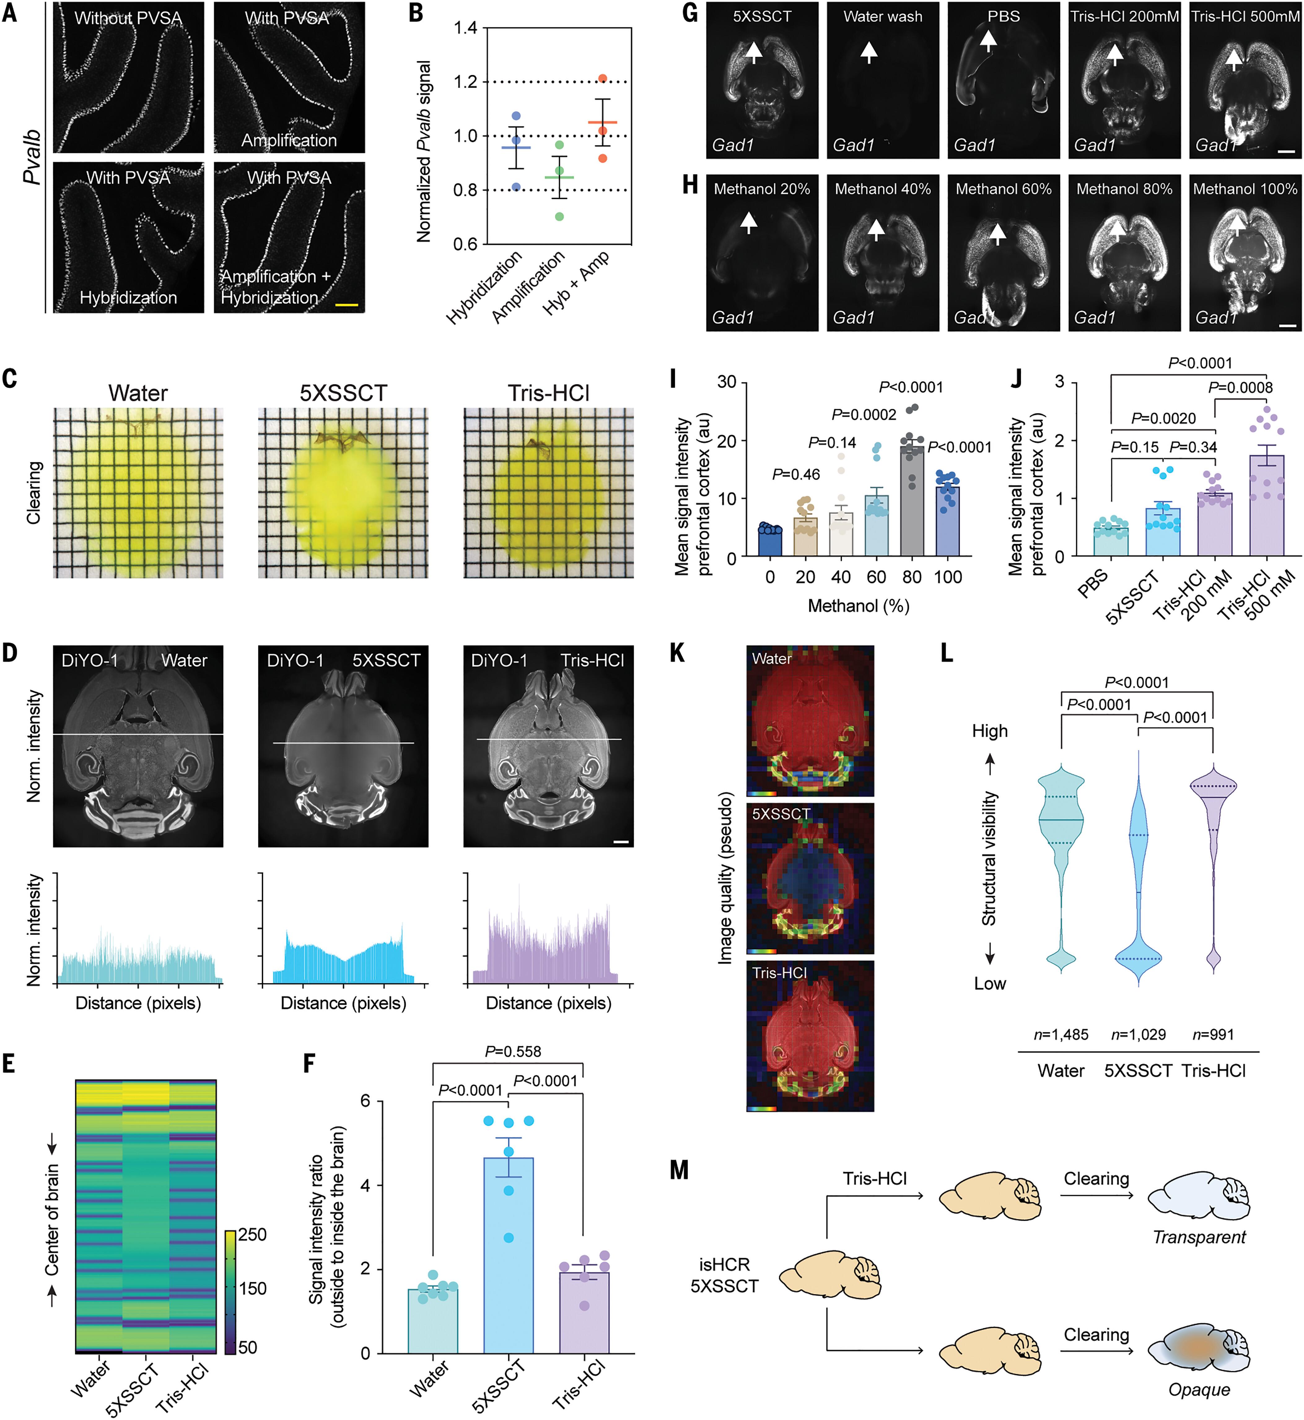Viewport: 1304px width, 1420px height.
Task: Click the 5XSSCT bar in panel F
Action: [x=508, y=1255]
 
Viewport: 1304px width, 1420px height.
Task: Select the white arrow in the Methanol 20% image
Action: [x=749, y=223]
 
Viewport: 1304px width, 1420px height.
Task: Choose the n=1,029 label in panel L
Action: [x=1138, y=1035]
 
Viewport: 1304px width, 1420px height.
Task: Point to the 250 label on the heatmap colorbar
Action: [x=252, y=1234]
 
